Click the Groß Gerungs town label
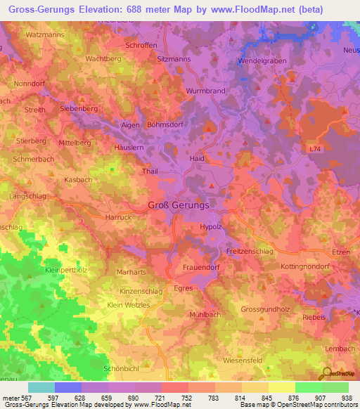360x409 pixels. [178, 205]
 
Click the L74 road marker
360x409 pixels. [314, 150]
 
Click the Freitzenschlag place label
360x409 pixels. [249, 251]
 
